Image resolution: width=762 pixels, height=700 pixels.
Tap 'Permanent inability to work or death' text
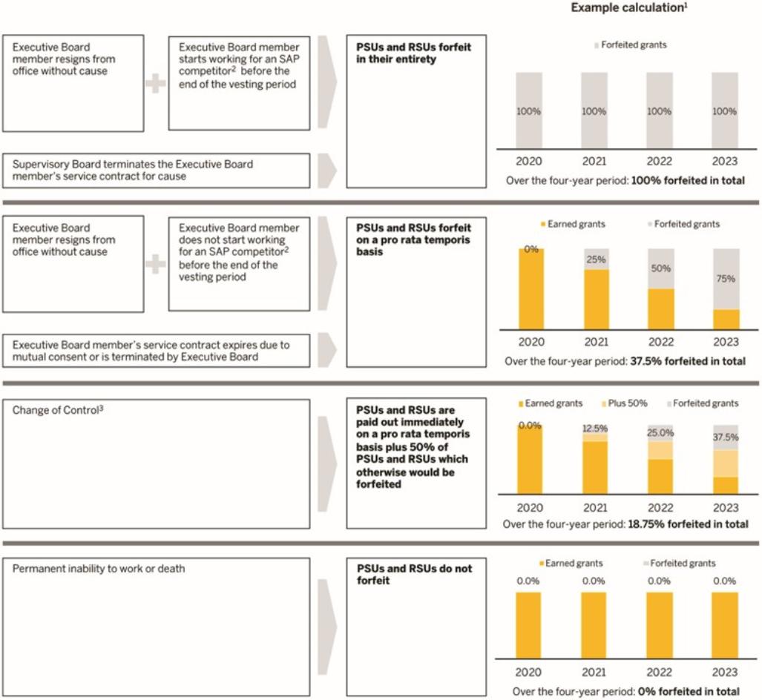99,569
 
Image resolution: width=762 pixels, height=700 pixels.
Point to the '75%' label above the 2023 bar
726,279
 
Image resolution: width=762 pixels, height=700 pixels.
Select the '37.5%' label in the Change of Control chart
726,437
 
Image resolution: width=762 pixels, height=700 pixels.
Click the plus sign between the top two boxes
156,84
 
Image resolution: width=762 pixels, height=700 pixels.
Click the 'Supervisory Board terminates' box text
133,170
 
